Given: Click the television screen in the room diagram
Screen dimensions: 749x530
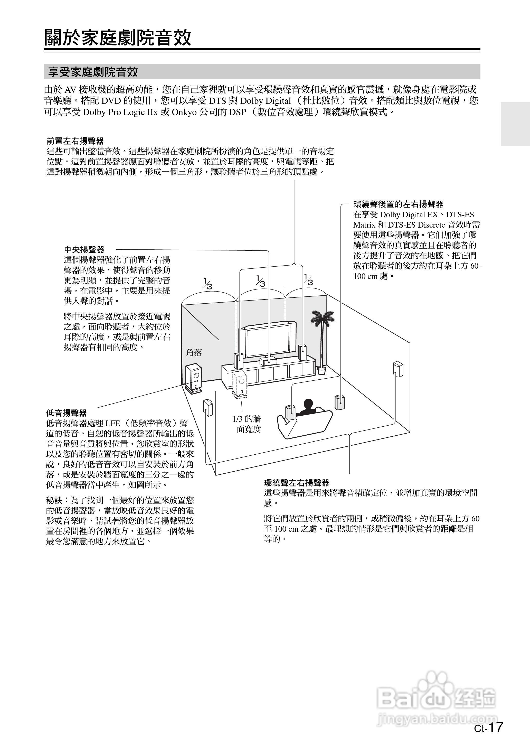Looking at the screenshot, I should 266,341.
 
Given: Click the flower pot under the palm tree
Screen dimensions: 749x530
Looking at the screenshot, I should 322,370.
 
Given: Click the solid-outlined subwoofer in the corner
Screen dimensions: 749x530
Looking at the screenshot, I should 194,377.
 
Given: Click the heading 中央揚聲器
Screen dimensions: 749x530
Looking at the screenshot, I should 84,250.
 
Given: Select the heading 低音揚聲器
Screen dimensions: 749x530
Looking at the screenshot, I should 66,413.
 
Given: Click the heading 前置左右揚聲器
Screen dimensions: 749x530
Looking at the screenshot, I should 75,141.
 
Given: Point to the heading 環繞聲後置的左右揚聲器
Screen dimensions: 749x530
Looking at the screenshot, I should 398,204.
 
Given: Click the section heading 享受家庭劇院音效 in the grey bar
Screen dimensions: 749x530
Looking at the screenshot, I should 93,72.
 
